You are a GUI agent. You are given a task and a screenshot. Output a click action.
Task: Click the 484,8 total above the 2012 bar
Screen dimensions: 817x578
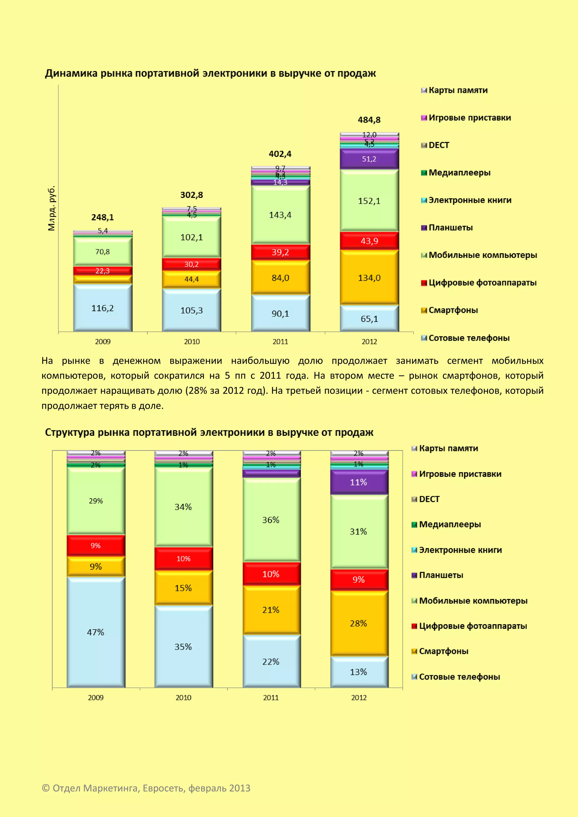point(369,120)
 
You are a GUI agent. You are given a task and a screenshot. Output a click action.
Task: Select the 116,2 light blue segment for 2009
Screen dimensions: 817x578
point(102,308)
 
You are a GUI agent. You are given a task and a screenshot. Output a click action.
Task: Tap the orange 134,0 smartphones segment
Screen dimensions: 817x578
point(369,278)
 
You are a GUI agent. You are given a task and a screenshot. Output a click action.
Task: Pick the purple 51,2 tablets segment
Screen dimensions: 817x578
point(369,159)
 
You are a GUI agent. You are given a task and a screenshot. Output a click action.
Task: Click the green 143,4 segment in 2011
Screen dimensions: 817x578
point(280,215)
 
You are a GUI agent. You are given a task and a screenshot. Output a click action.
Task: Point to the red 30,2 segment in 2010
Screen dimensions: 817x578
point(191,264)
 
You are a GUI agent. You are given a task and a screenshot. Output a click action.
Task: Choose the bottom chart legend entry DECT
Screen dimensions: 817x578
point(429,499)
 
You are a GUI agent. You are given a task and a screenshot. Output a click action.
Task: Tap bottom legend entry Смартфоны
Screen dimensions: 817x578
point(443,651)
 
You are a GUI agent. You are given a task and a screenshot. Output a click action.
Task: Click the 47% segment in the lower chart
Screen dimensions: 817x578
point(96,632)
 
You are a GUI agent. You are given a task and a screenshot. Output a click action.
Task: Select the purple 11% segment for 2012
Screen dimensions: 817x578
point(358,482)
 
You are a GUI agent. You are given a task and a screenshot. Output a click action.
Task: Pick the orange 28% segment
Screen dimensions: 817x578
point(358,623)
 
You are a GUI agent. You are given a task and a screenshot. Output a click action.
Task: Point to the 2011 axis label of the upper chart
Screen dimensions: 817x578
point(280,342)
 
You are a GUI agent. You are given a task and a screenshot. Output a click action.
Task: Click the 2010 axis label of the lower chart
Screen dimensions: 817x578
point(183,698)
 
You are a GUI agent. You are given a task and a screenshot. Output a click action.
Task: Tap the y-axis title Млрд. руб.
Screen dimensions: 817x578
point(52,208)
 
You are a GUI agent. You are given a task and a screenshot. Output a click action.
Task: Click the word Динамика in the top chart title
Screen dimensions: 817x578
point(71,73)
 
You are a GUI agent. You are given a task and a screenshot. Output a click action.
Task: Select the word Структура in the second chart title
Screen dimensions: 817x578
point(70,433)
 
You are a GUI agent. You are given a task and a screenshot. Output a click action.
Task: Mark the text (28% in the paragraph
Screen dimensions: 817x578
point(196,391)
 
